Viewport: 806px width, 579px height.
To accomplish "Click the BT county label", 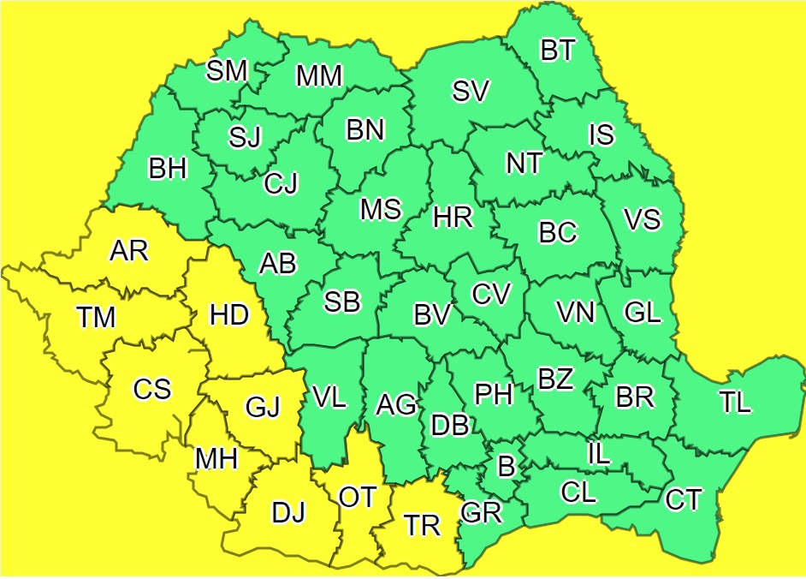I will [558, 51].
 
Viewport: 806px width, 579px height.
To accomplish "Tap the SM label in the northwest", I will [227, 71].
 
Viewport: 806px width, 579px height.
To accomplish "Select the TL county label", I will [735, 403].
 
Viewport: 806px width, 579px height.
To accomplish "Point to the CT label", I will [684, 499].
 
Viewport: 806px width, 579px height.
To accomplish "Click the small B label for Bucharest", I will [507, 467].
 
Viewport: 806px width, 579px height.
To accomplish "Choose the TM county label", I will [95, 318].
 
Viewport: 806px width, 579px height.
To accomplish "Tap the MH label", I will [216, 459].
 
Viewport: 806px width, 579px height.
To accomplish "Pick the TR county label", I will [422, 525].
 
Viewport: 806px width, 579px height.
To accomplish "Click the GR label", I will [481, 512].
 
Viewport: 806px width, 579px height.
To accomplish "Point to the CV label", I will [491, 294].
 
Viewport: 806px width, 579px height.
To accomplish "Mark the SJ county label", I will [245, 137].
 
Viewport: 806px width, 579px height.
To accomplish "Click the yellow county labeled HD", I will [229, 315].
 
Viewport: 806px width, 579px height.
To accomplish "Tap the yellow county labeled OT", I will [356, 497].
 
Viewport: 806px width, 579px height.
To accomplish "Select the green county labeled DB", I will [450, 425].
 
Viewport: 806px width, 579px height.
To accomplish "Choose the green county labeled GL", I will [643, 313].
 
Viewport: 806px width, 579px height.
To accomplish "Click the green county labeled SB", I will [342, 301].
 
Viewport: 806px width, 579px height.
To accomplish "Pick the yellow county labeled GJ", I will [263, 408].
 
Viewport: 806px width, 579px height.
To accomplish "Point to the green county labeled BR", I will [635, 397].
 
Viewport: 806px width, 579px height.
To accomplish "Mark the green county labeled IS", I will [602, 134].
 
